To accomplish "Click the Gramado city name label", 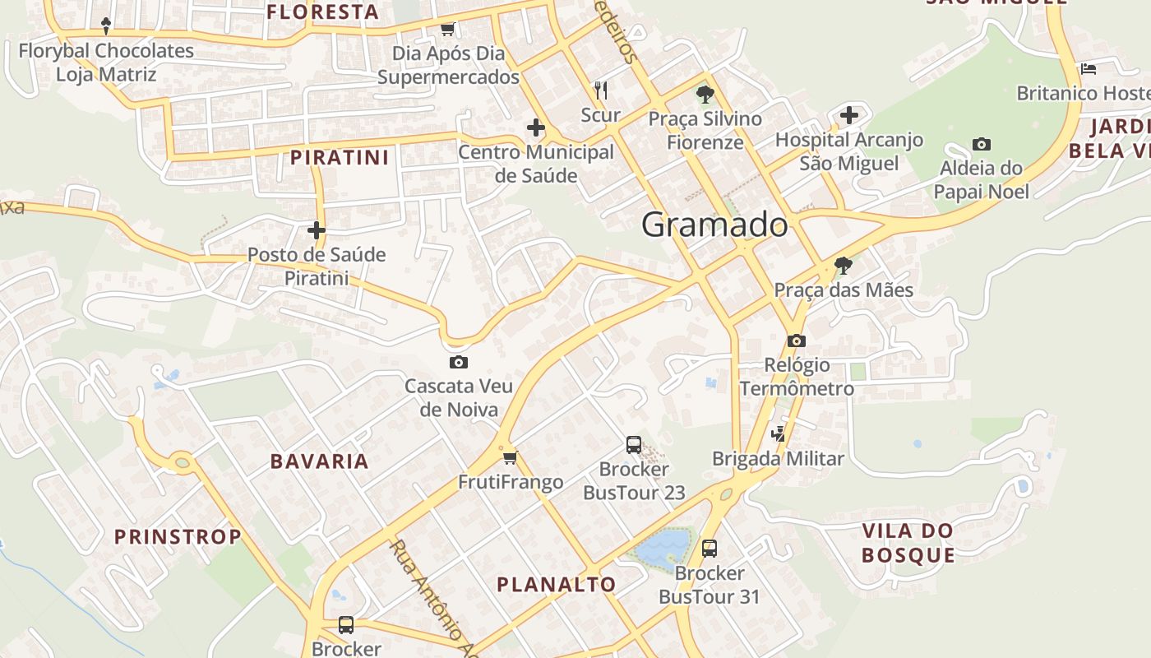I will [x=714, y=225].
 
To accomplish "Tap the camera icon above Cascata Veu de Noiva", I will [x=459, y=362].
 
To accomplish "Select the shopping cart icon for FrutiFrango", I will [x=510, y=457].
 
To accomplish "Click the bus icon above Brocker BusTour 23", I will [x=634, y=445].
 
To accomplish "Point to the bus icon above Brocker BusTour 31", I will [x=710, y=548].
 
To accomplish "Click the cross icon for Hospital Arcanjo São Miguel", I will [x=849, y=115].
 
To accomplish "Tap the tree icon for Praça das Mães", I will [x=843, y=265].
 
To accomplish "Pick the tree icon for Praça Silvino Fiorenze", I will [x=705, y=94].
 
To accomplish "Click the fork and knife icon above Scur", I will [x=601, y=90].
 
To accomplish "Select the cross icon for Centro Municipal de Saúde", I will [x=536, y=127].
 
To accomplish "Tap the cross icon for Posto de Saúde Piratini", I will [x=317, y=230].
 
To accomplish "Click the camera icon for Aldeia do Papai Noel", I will [x=981, y=145].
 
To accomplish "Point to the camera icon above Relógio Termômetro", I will [x=796, y=341].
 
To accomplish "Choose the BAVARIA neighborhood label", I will [x=320, y=461].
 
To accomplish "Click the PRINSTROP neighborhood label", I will [x=178, y=538].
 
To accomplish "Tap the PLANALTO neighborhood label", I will [x=557, y=585].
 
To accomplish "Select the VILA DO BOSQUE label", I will [x=908, y=543].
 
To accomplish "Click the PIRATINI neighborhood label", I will [x=340, y=157].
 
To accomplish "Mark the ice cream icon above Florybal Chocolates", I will [x=105, y=25].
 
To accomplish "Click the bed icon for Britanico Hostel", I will [x=1089, y=69].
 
